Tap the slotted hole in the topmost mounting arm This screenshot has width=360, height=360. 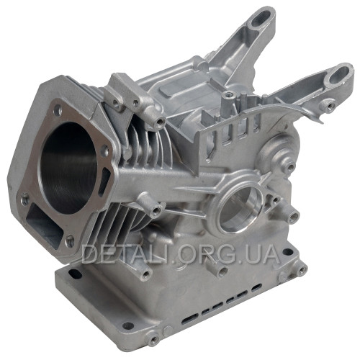[x=261, y=19]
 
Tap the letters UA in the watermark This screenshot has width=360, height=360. [x=264, y=254]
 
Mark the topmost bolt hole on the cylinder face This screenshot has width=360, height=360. [x=58, y=110]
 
